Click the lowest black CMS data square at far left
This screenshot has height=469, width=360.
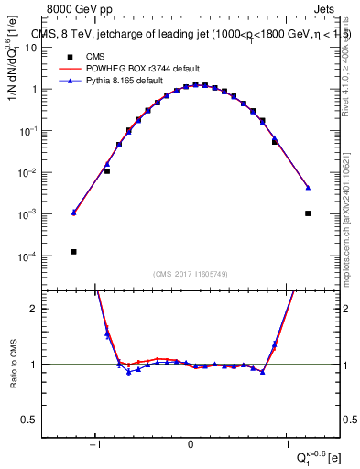(x=73, y=252)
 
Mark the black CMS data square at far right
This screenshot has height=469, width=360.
(x=308, y=213)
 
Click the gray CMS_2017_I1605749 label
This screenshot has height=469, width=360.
(x=190, y=274)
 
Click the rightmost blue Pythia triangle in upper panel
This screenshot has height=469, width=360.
(x=308, y=188)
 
